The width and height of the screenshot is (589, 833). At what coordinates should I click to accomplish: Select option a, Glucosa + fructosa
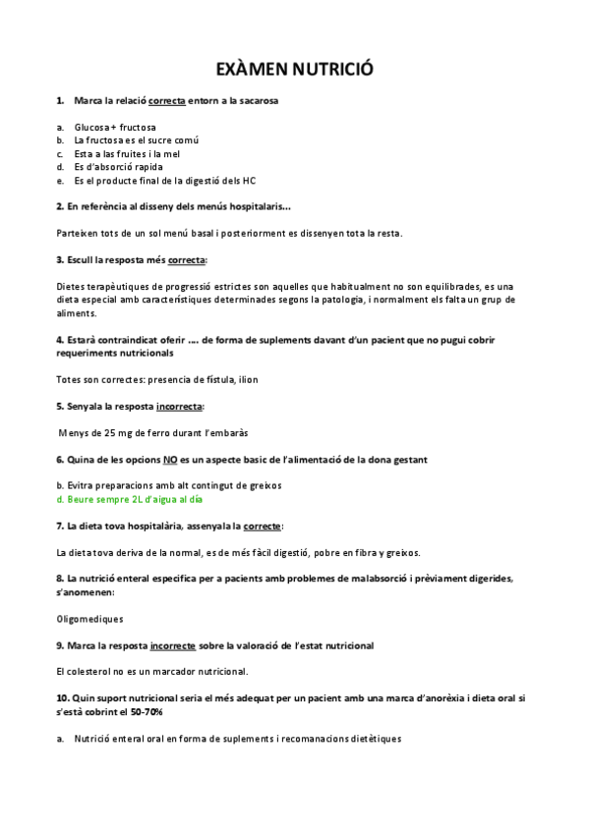point(114,127)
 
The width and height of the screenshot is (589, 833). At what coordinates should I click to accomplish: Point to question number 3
point(60,259)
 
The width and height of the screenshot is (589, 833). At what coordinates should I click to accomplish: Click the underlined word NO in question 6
point(170,459)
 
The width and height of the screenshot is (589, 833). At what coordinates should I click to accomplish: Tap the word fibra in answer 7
point(378,552)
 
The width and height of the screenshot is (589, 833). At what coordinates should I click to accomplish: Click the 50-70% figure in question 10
point(145,710)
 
